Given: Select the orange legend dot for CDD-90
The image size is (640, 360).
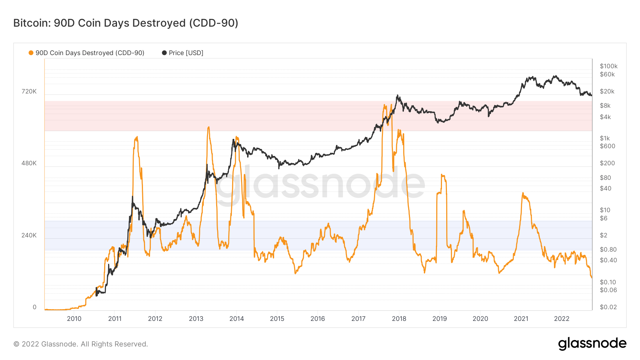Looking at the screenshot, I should pos(31,53).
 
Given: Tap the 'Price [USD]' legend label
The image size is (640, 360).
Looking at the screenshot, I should pos(186,53).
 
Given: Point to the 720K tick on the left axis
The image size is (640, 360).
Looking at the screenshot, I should pos(29,91).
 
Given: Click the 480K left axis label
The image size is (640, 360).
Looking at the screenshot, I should pos(29,163).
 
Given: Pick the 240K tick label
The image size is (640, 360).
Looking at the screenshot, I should pos(29,235).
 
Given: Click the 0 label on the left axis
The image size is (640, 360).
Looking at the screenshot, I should pos(34,307).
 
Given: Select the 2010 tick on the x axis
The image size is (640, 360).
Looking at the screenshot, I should pos(74,319).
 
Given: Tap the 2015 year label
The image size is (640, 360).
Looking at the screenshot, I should pos(277,319).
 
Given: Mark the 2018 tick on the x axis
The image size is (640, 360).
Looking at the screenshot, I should pos(399,319).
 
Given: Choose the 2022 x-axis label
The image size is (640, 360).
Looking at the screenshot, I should pos(562,319).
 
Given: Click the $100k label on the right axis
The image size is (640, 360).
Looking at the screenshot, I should pos(609,66).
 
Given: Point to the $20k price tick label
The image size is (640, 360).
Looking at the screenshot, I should pos(607,91).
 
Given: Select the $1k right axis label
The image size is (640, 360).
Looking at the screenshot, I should pos(605,138).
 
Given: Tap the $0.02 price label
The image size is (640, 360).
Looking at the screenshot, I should pos(608,307).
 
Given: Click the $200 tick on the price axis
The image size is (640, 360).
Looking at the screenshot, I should pos(607,163).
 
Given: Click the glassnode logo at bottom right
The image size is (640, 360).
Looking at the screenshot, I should pos(592,344).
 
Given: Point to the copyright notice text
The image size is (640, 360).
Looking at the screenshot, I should pos(81,344).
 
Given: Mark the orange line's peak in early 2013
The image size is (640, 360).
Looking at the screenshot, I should pos(208,127).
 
